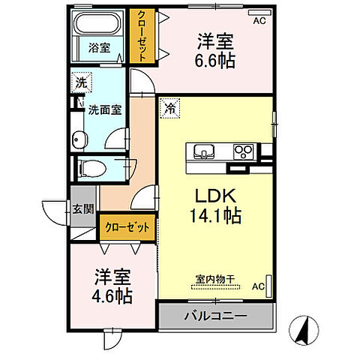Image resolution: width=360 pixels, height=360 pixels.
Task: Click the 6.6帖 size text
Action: pos(216,61)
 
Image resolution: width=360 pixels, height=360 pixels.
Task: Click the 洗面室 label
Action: pos(105,108)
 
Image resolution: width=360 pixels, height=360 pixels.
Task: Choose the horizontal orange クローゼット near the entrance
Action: pos(127,226)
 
